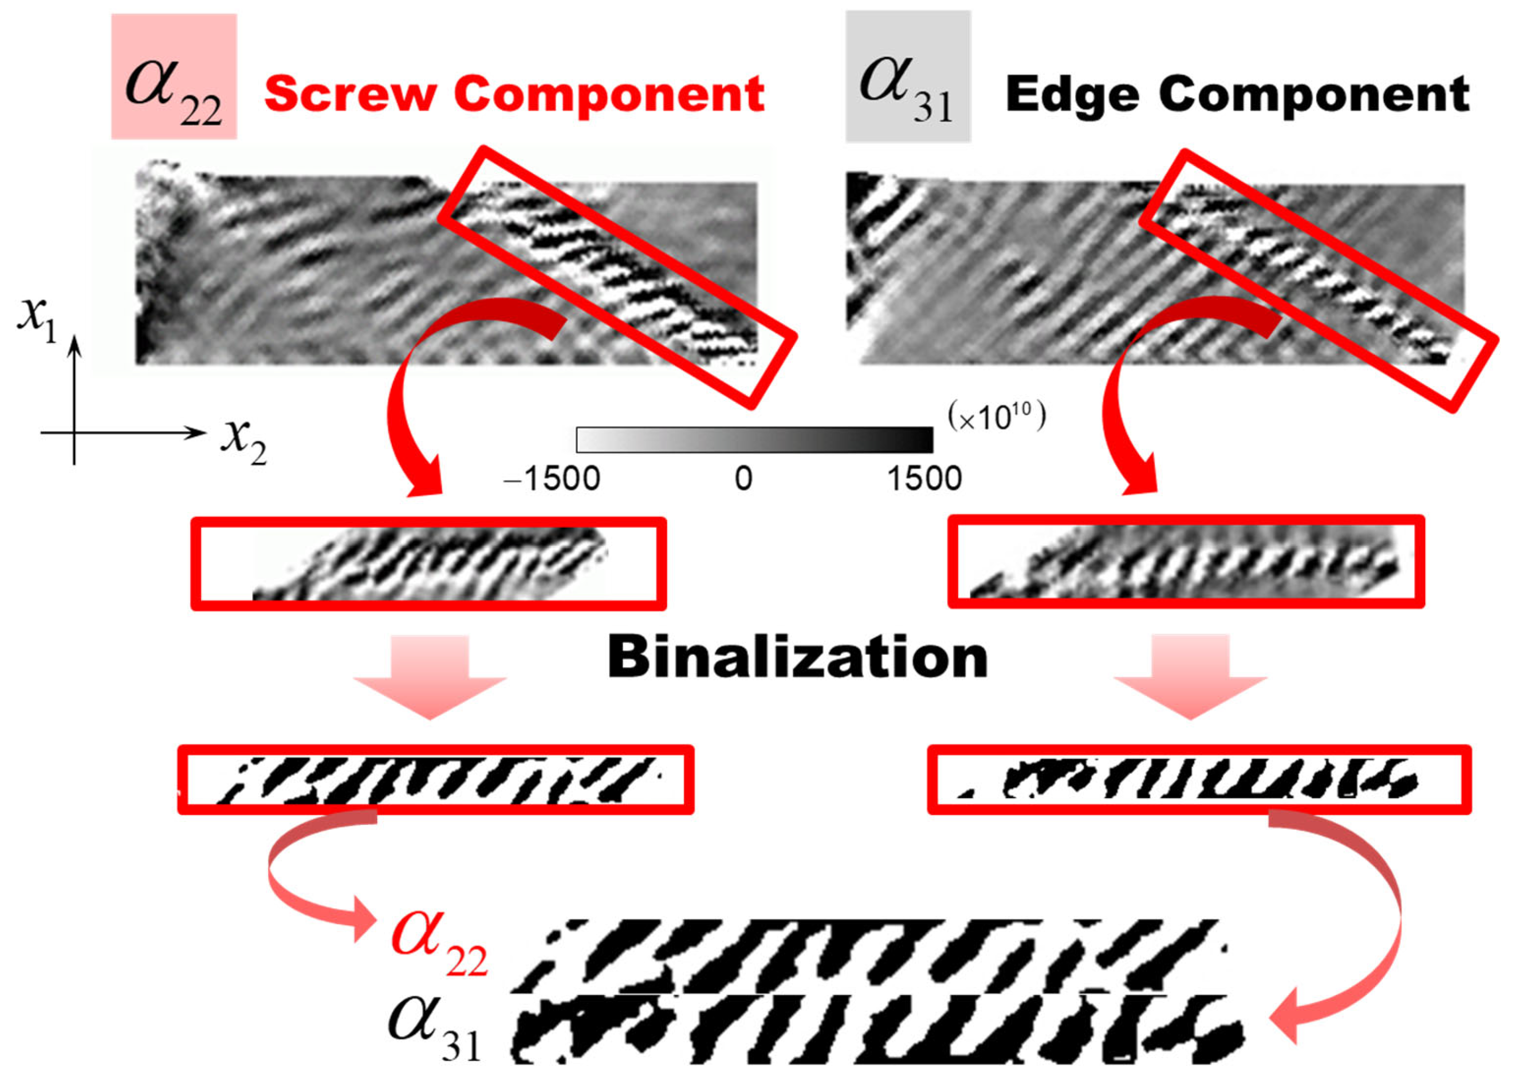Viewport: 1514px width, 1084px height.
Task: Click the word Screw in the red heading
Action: coord(350,94)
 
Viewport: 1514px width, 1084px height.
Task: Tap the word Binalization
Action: coord(798,658)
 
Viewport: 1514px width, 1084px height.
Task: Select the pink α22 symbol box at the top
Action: coord(174,77)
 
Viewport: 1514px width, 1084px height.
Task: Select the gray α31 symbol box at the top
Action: coord(908,77)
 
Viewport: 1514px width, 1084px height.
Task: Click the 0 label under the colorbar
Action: coord(743,479)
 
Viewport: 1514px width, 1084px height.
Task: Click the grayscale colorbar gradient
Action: coord(754,440)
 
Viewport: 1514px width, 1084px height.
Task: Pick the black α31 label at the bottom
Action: coord(434,1028)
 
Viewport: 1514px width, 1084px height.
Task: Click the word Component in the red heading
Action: coord(609,94)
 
